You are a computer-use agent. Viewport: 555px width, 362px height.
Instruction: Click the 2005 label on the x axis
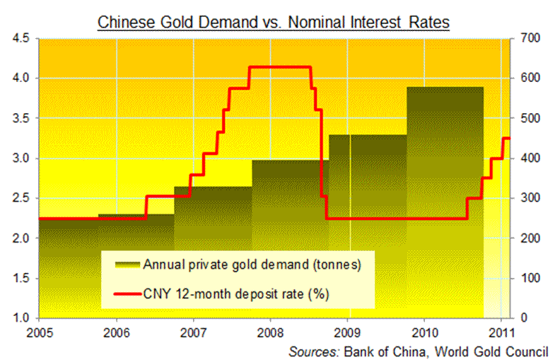pos(39,331)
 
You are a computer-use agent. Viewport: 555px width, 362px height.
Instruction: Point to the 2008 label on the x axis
pos(270,331)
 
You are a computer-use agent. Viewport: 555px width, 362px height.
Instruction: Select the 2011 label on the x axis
pos(501,331)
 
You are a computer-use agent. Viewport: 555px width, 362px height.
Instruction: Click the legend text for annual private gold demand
pos(252,265)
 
